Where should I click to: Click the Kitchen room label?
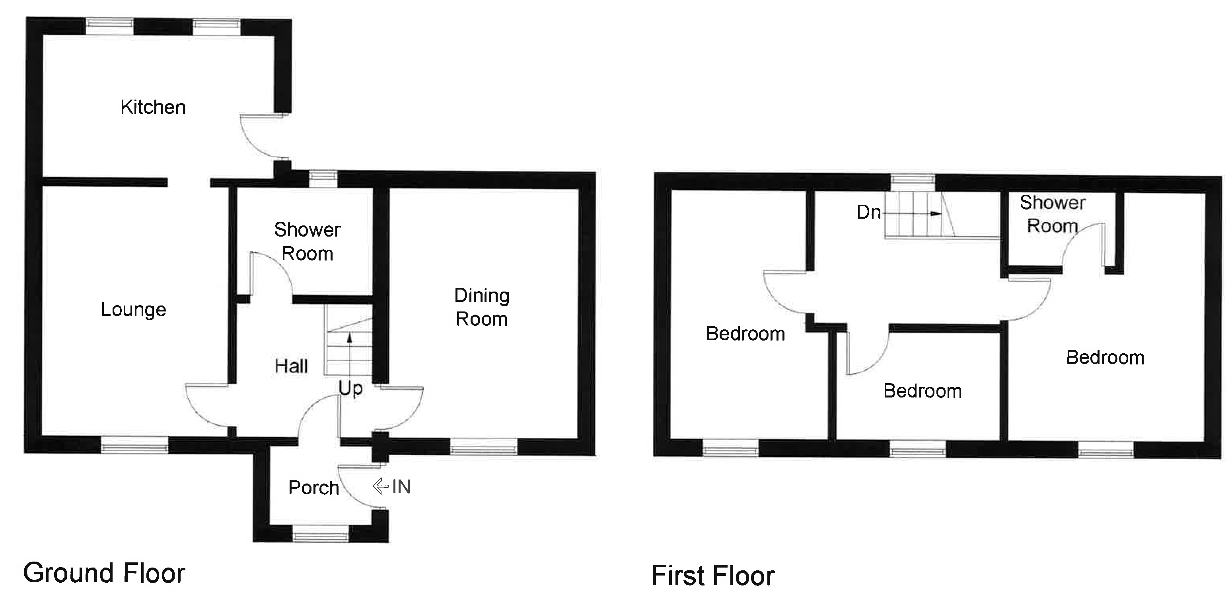(153, 108)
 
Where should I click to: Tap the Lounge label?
(133, 309)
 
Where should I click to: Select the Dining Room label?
(481, 307)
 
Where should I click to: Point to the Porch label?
(313, 488)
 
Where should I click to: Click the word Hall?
(291, 366)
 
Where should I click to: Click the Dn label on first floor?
(868, 212)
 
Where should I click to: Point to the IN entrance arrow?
(381, 486)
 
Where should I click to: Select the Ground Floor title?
(104, 573)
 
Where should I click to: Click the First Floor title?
(713, 576)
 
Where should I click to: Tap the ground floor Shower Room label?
(307, 242)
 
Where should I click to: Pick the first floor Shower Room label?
(1052, 214)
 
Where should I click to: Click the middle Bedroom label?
(922, 391)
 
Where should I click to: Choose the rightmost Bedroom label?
(1105, 357)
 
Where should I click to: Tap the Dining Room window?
(483, 447)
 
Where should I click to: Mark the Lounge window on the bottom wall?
(134, 445)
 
